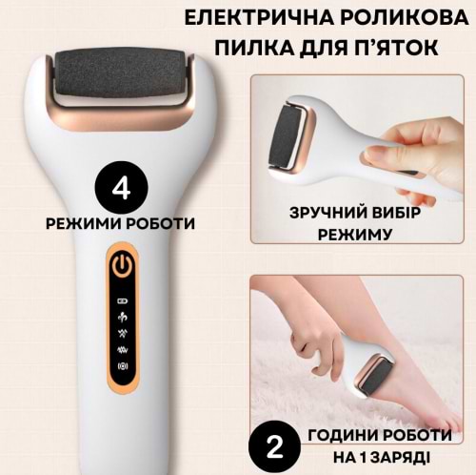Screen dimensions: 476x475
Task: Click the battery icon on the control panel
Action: (123, 300)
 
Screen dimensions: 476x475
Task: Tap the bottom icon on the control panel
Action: (123, 366)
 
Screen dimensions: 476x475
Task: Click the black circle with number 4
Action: (122, 188)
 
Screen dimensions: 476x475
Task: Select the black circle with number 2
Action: (274, 447)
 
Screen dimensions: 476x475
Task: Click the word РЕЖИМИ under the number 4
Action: (84, 223)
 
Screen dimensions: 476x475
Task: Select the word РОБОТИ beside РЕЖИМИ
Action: (161, 223)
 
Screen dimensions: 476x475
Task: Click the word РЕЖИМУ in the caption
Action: (355, 235)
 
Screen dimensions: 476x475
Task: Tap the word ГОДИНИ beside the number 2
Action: (342, 435)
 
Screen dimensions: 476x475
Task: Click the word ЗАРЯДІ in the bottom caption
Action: (400, 458)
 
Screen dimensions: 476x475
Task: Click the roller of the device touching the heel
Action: (376, 378)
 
